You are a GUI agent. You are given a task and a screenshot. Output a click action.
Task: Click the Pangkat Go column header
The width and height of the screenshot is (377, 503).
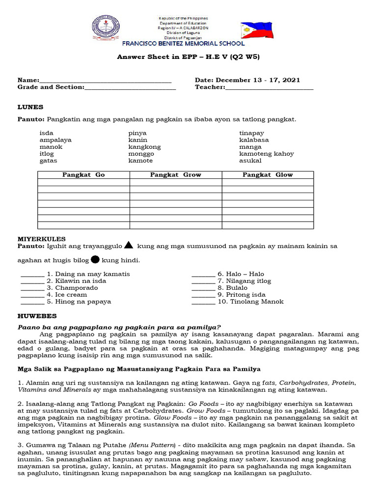(x=83, y=175)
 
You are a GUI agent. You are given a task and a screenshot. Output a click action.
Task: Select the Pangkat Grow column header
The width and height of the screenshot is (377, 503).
(x=175, y=175)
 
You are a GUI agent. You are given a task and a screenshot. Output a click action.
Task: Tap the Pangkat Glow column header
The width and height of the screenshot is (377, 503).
(x=268, y=175)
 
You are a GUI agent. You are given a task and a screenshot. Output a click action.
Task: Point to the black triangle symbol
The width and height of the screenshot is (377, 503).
(x=129, y=245)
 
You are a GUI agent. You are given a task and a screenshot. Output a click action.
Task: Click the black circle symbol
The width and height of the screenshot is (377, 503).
(x=96, y=259)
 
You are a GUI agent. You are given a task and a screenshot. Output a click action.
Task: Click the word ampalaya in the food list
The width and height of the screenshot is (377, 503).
(x=55, y=140)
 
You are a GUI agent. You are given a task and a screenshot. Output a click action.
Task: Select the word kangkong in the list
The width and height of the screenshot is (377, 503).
(x=144, y=147)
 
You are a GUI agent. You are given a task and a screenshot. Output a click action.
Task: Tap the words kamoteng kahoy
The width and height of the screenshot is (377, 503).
(x=266, y=154)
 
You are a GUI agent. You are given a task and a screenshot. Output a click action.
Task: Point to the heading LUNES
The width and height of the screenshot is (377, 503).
(x=30, y=107)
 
